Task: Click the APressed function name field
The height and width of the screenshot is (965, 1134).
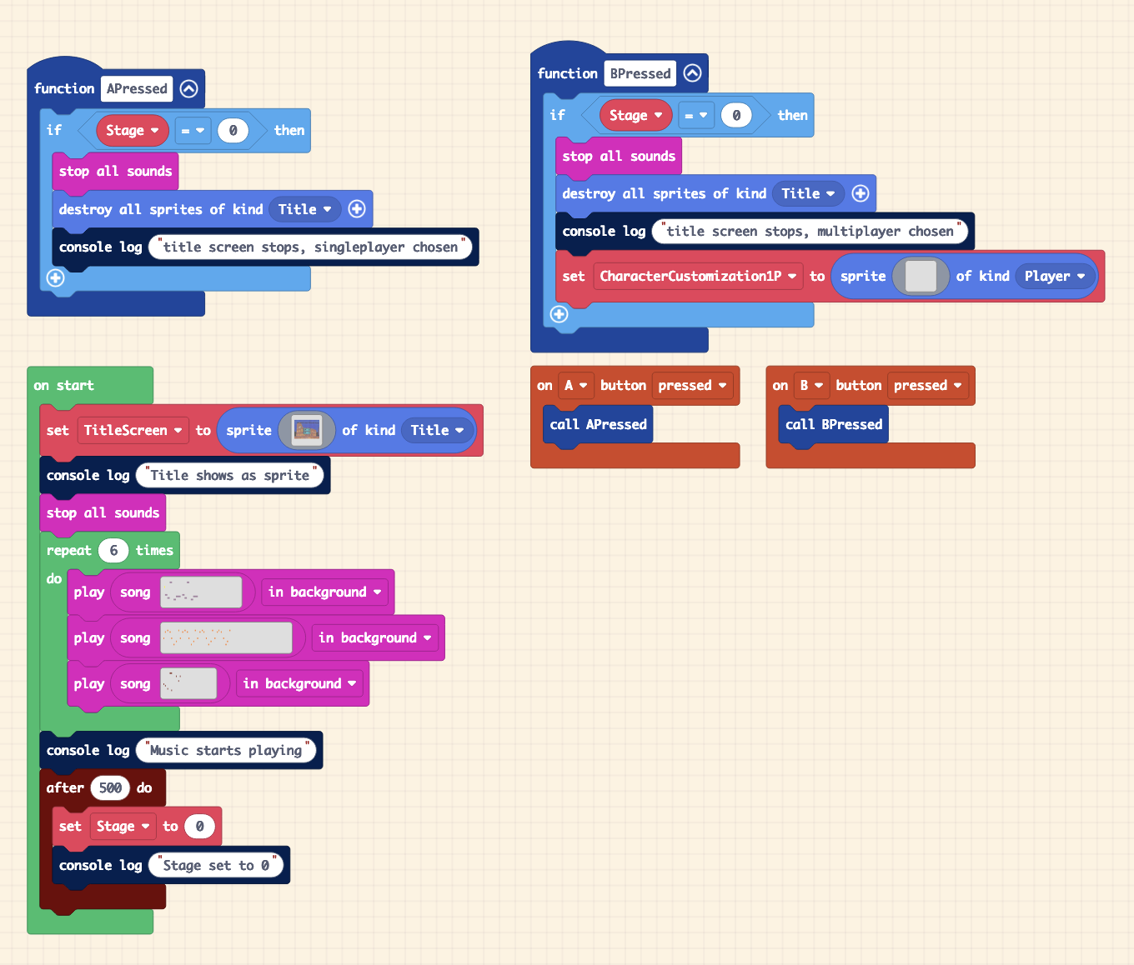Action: click(x=137, y=88)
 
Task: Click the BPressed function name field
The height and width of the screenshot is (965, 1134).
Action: click(x=640, y=73)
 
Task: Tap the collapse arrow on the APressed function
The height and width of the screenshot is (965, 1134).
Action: click(x=189, y=88)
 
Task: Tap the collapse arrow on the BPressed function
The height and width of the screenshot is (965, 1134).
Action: click(x=692, y=73)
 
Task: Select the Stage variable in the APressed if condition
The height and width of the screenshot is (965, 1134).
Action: click(x=132, y=130)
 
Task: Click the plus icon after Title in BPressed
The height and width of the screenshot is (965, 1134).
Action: click(x=861, y=193)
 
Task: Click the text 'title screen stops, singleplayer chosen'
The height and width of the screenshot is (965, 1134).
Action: click(x=310, y=247)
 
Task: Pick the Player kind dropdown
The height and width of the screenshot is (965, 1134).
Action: click(x=1055, y=276)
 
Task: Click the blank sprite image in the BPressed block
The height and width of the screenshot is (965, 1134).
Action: click(x=921, y=276)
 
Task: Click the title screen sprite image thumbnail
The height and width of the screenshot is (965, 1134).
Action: click(x=307, y=430)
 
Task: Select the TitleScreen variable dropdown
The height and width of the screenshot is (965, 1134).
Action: click(x=133, y=430)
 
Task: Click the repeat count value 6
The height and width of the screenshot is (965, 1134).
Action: click(x=113, y=550)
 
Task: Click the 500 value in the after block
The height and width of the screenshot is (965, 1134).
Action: click(x=110, y=787)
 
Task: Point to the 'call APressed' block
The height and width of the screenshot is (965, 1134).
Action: click(x=598, y=424)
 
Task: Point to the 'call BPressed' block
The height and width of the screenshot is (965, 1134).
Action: click(x=833, y=424)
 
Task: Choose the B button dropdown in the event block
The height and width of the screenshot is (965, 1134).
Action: click(x=810, y=385)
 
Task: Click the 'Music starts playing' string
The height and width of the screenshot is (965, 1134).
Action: click(x=226, y=750)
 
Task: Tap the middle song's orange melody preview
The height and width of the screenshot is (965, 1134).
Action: click(x=226, y=637)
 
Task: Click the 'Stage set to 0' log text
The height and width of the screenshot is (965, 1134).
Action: click(x=216, y=865)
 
